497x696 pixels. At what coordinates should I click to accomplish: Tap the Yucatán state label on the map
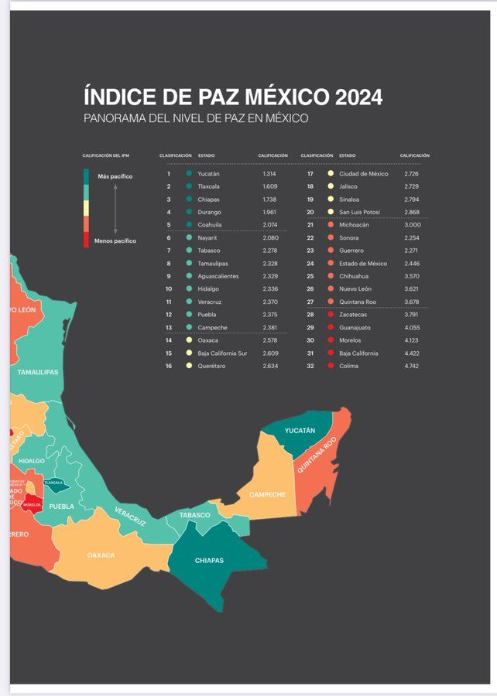pyautogui.click(x=300, y=430)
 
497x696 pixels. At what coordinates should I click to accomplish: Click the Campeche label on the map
pyautogui.click(x=267, y=494)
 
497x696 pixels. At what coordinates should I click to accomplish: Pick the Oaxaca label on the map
pyautogui.click(x=101, y=555)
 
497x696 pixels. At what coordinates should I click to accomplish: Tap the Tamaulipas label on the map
pyautogui.click(x=38, y=372)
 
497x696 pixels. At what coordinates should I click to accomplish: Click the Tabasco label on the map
pyautogui.click(x=195, y=515)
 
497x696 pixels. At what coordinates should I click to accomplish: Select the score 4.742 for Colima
pyautogui.click(x=411, y=366)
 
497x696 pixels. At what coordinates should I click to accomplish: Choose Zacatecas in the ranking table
pyautogui.click(x=354, y=315)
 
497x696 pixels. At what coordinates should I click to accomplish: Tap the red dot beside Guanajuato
pyautogui.click(x=331, y=327)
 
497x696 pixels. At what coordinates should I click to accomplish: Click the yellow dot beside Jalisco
pyautogui.click(x=331, y=186)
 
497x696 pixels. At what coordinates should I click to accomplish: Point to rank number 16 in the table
pyautogui.click(x=168, y=366)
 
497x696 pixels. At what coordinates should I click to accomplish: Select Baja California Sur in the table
pyautogui.click(x=222, y=353)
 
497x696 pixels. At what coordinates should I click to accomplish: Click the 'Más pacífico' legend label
pyautogui.click(x=115, y=177)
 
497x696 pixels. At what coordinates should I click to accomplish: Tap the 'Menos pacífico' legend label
pyautogui.click(x=115, y=241)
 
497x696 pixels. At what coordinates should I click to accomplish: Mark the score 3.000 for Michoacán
pyautogui.click(x=411, y=225)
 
